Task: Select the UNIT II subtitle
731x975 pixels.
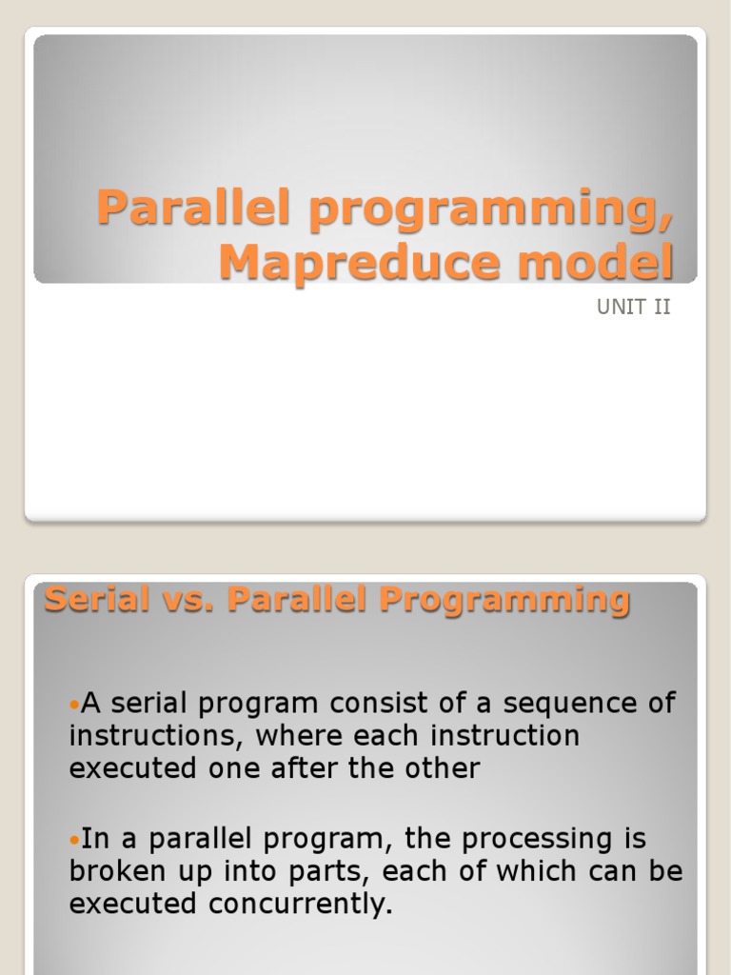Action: (x=634, y=308)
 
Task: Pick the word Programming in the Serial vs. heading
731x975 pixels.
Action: (x=505, y=600)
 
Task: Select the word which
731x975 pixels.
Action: (x=528, y=871)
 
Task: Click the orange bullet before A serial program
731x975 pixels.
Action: (x=75, y=705)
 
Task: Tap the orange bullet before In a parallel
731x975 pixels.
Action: (x=75, y=840)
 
